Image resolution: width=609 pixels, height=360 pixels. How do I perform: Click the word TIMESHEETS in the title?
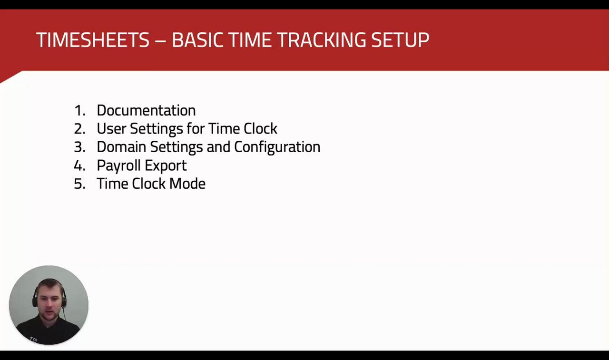[93, 40]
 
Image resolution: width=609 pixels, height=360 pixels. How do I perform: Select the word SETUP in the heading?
[400, 40]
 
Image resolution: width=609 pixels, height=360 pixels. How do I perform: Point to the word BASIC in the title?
[197, 40]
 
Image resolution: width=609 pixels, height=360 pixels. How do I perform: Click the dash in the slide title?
[161, 41]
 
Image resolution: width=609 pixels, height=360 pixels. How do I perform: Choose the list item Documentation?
[146, 110]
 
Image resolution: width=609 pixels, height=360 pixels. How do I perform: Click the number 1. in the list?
[79, 111]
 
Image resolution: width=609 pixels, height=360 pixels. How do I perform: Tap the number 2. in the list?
[79, 129]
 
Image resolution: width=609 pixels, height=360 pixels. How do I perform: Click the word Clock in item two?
[260, 128]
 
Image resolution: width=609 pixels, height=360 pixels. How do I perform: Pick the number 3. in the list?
[79, 147]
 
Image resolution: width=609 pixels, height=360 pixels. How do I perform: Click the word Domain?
[121, 147]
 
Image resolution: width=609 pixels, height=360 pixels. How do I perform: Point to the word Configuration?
[277, 147]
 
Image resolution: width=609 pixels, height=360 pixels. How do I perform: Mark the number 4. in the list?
[79, 165]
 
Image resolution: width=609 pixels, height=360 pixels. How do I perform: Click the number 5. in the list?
[79, 184]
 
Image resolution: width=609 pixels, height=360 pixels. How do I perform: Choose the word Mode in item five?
[187, 184]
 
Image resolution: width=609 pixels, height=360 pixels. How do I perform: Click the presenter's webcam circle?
[49, 305]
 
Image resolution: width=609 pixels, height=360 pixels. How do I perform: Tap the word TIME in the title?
[250, 40]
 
